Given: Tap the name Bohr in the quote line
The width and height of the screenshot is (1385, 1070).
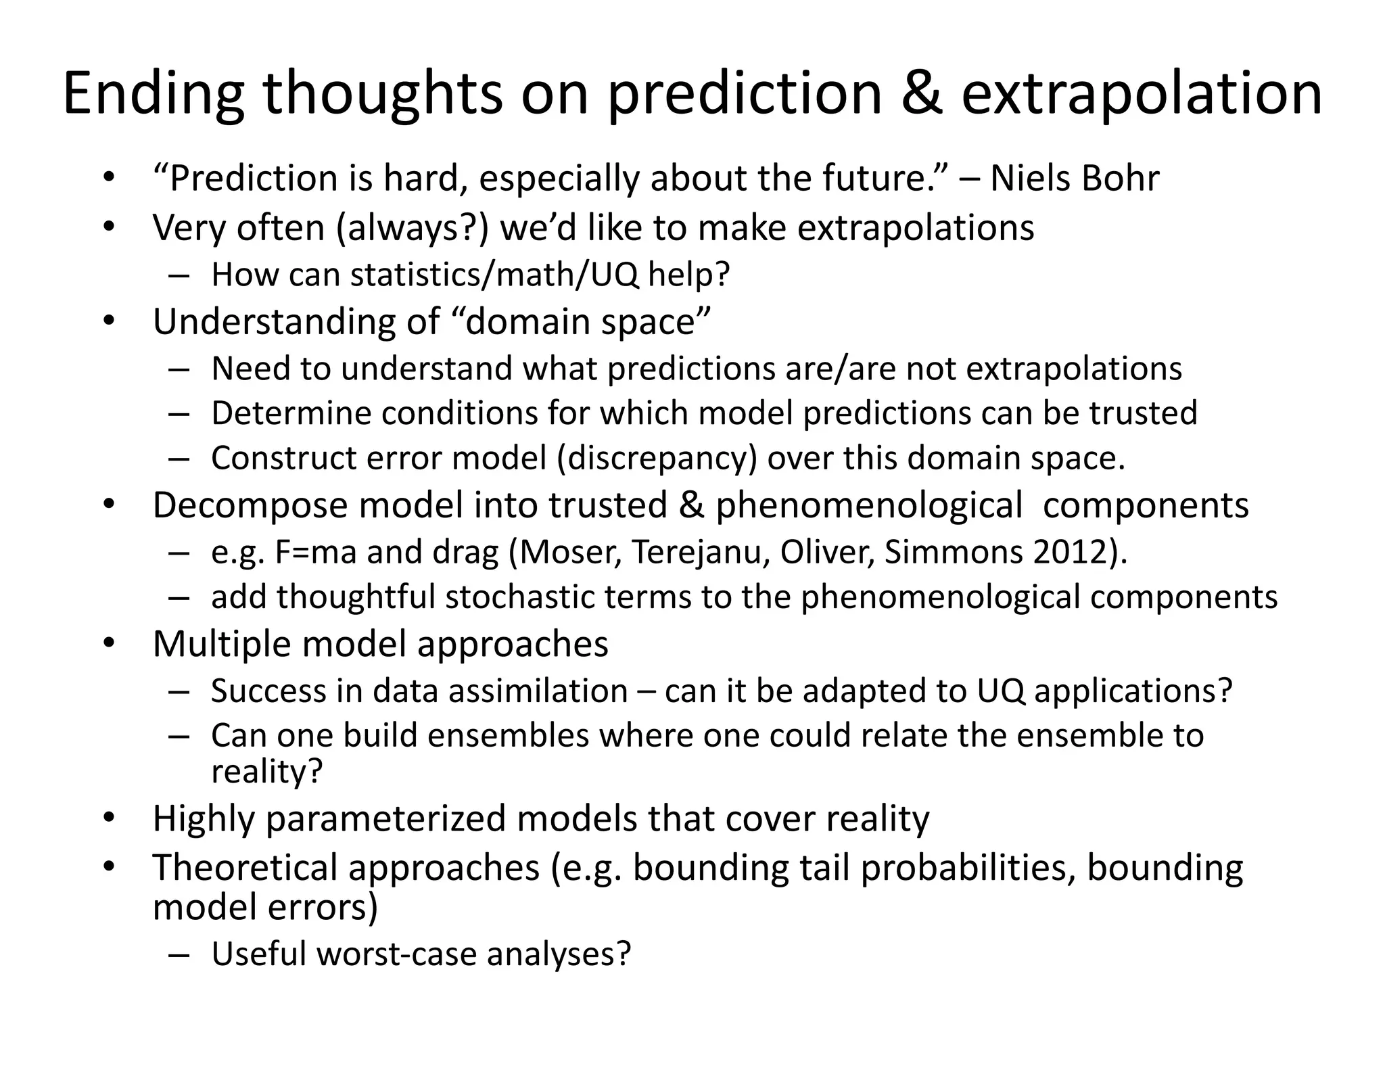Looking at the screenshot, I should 1121,179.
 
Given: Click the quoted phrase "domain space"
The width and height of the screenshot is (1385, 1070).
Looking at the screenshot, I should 581,321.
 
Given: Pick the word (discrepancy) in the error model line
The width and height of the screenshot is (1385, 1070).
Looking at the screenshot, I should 657,458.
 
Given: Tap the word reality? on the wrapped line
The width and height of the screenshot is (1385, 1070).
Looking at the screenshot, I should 267,771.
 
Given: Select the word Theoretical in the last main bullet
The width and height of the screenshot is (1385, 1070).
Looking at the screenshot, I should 245,867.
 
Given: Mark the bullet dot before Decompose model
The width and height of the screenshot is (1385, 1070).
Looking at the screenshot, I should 110,504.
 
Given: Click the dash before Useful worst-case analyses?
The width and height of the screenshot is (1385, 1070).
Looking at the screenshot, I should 179,954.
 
